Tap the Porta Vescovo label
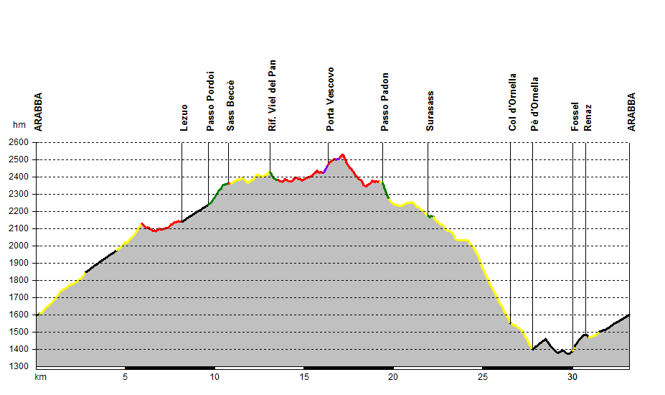(330, 99)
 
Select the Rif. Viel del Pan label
(272, 95)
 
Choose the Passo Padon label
(385, 101)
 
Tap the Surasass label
(430, 111)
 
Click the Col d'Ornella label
(512, 101)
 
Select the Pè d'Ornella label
(535, 103)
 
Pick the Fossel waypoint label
(575, 116)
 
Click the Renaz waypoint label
(588, 117)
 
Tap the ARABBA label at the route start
(39, 111)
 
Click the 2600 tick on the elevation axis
(18, 142)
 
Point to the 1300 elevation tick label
(18, 366)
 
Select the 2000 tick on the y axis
(18, 246)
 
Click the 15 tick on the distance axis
(303, 376)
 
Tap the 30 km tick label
(572, 376)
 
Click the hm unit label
(19, 125)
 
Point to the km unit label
(41, 376)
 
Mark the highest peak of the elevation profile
(343, 154)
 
